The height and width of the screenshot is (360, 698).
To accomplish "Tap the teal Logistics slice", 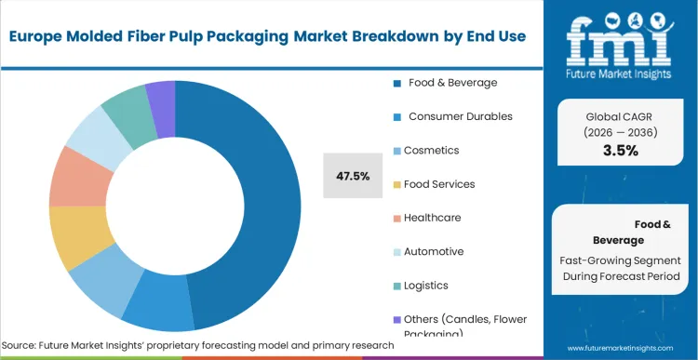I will pos(130,115).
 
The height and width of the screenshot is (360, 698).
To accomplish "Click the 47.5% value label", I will pos(353,176).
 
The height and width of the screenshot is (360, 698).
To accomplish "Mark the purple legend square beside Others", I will pos(396,320).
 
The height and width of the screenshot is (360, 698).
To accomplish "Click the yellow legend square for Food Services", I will pos(396,185).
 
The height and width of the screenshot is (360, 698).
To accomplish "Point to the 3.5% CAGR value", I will pos(620,151).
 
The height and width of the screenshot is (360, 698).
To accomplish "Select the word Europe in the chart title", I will pos(38,36).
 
